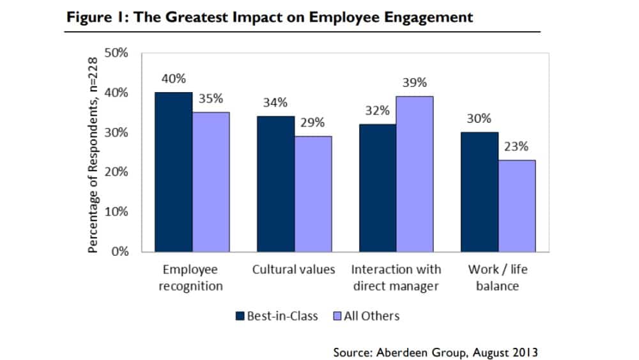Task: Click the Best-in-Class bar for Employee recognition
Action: (x=174, y=172)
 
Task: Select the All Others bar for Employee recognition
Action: (x=211, y=182)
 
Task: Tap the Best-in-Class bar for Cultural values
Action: (x=275, y=184)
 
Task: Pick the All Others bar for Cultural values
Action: (x=312, y=194)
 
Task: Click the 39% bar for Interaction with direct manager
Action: (x=414, y=174)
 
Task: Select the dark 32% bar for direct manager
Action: (x=377, y=187)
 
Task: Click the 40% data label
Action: (x=174, y=79)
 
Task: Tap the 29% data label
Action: (x=312, y=123)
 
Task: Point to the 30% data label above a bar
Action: (x=479, y=118)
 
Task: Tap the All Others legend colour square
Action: (x=338, y=316)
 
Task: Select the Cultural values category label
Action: (x=293, y=269)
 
